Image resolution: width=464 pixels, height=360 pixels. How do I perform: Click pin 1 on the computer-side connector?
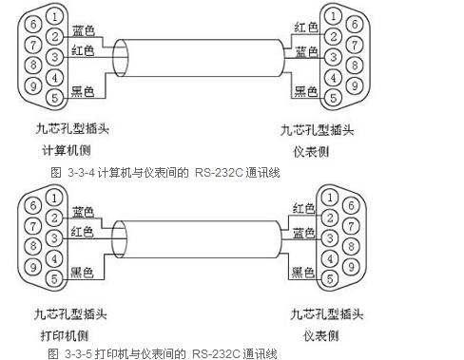point(55,16)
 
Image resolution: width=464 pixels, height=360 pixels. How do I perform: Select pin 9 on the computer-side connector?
point(33,85)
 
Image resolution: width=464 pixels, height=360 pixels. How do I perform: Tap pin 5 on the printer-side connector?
point(54,279)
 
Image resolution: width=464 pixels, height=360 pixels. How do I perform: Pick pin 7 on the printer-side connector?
point(33,226)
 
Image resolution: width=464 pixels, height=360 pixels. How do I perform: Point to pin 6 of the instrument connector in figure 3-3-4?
point(355,24)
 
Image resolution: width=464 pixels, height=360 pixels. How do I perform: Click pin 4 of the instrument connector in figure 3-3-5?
point(330,259)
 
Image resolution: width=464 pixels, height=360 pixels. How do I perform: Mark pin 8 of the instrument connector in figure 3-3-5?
point(351,246)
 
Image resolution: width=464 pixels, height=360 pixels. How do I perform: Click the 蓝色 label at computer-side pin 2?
point(84,30)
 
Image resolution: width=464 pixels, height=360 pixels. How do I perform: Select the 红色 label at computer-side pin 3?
point(83,50)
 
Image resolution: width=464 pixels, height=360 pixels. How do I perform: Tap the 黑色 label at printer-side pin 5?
point(82,273)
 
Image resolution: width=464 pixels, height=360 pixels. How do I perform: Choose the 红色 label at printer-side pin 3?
point(82,232)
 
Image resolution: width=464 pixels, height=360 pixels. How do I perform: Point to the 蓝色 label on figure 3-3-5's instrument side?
point(303,233)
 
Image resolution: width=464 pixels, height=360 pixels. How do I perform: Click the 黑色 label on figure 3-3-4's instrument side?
point(306,91)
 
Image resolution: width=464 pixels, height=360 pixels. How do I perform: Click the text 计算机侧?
point(67,150)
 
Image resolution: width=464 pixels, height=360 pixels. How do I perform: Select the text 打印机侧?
point(65,335)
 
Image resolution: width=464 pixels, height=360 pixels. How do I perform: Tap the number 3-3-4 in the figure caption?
point(82,173)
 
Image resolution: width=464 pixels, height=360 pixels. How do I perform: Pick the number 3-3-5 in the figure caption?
point(79,353)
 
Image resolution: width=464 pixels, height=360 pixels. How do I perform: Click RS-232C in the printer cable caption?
point(216,353)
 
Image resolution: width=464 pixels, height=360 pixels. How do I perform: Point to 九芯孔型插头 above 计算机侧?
point(72,128)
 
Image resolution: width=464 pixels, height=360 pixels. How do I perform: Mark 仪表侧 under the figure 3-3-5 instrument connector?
point(321,335)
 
